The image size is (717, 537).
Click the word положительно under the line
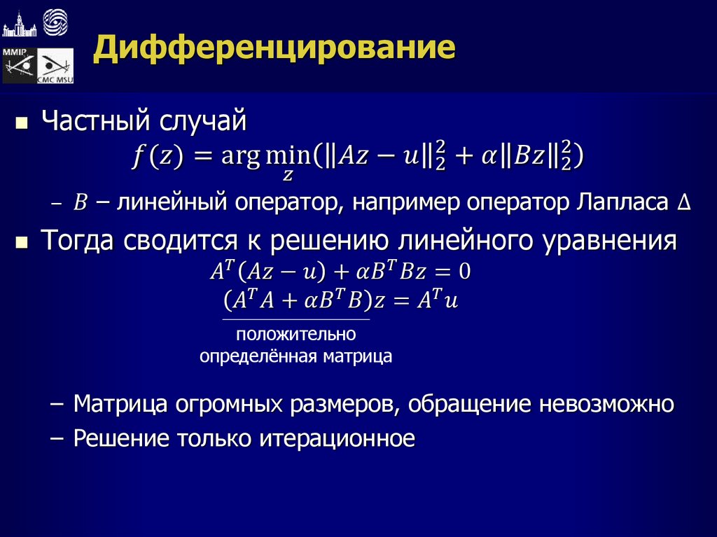coord(296,334)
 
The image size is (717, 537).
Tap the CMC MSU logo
coord(55,67)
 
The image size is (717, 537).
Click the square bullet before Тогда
coord(22,243)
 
